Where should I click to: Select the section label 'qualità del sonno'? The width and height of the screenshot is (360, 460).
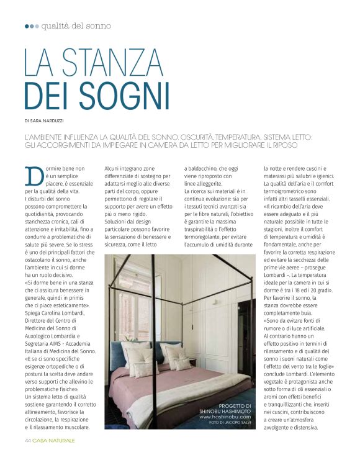(x=77, y=26)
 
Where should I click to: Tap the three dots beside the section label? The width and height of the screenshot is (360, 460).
(x=32, y=26)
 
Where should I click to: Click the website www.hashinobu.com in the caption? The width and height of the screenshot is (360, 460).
(x=225, y=417)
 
